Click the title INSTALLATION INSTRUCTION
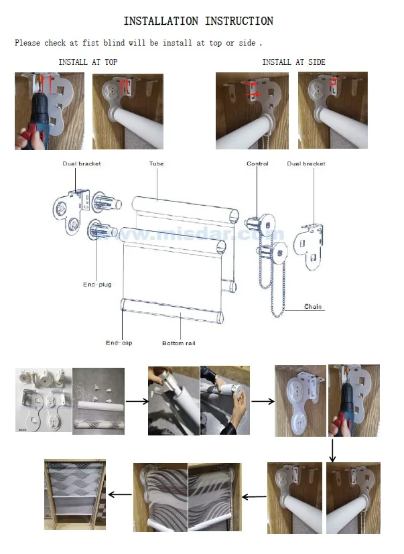coord(198,21)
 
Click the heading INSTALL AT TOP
coord(88,62)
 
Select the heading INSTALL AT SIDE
coord(293,62)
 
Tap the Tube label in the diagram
coord(156,163)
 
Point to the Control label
coord(257,163)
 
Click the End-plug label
coord(97,285)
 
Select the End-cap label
coord(119,343)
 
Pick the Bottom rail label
coord(178,343)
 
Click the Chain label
coord(313,307)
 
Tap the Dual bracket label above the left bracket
coord(82,163)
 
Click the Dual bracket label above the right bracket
coord(306,163)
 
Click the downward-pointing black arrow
coord(332,450)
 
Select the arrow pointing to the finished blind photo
coord(120,494)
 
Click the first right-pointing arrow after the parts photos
coord(137,401)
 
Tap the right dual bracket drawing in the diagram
coord(308,247)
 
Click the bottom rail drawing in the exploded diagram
coord(172,311)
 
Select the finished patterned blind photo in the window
coord(75,494)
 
